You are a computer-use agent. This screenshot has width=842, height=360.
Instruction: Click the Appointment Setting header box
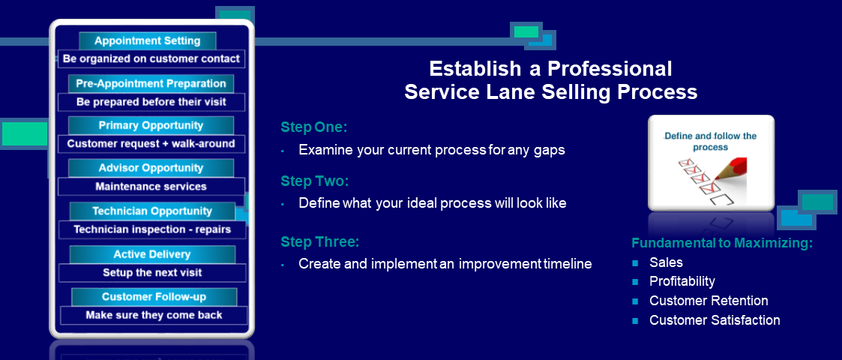point(147,40)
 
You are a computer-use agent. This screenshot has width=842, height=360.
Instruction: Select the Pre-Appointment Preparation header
point(151,83)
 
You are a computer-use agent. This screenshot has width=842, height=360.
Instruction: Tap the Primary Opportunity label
point(151,125)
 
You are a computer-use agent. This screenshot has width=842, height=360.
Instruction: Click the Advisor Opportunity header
point(151,168)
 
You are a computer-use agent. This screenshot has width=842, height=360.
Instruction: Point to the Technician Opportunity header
point(152,211)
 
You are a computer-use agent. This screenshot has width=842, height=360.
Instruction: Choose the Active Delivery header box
point(152,254)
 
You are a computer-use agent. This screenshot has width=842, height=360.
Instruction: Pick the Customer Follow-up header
point(154,296)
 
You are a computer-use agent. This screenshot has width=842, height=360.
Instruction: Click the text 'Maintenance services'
point(151,187)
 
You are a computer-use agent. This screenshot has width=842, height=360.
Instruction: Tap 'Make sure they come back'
point(154,315)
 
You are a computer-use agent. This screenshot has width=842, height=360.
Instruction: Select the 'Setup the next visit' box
point(152,272)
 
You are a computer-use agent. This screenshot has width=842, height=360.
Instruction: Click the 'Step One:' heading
point(314,127)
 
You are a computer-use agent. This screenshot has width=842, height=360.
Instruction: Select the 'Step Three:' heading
point(319,241)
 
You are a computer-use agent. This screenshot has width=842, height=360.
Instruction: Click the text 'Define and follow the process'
point(711,141)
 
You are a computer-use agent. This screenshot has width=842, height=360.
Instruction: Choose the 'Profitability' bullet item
point(682,281)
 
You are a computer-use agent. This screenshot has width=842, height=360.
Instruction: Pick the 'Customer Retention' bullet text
point(709,300)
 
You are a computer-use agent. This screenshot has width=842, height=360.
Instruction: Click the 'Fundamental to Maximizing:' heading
point(722,243)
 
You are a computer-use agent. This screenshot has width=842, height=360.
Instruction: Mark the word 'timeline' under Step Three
point(568,264)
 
